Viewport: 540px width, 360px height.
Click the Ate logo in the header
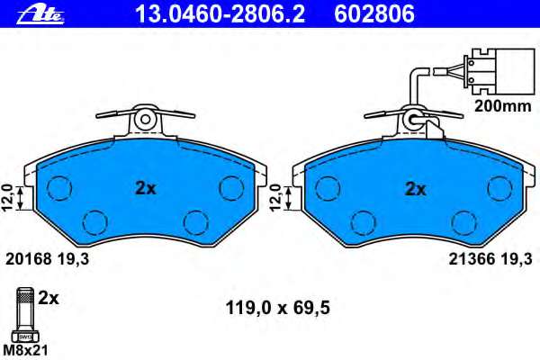pos(40,14)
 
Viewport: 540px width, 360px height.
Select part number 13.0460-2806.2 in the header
pos(220,14)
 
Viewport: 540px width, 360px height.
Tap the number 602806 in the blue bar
pos(374,14)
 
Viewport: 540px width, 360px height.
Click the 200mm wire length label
pos(503,106)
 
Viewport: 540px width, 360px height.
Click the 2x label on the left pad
pos(146,188)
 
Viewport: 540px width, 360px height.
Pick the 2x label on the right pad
pos(416,189)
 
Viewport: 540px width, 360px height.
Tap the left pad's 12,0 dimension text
pos(9,197)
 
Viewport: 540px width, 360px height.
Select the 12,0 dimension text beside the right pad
pos(276,197)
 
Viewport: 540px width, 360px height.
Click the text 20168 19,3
pos(47,259)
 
